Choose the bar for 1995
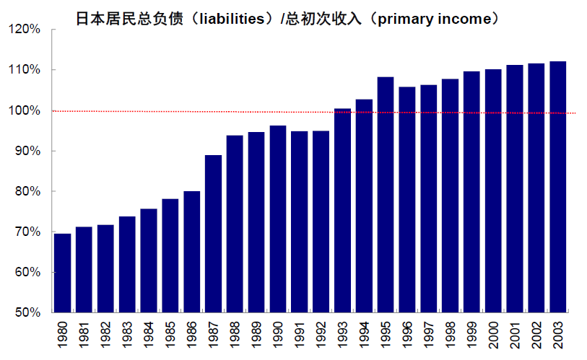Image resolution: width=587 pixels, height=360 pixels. [386, 195]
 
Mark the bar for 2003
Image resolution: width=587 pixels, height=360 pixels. [558, 187]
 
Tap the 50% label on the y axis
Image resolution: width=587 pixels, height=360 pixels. [27, 313]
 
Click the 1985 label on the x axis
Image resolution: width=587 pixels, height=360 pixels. [170, 336]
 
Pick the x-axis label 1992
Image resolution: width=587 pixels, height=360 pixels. [321, 336]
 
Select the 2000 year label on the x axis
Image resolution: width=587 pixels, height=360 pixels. [494, 336]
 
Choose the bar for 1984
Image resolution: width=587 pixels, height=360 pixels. [149, 260]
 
